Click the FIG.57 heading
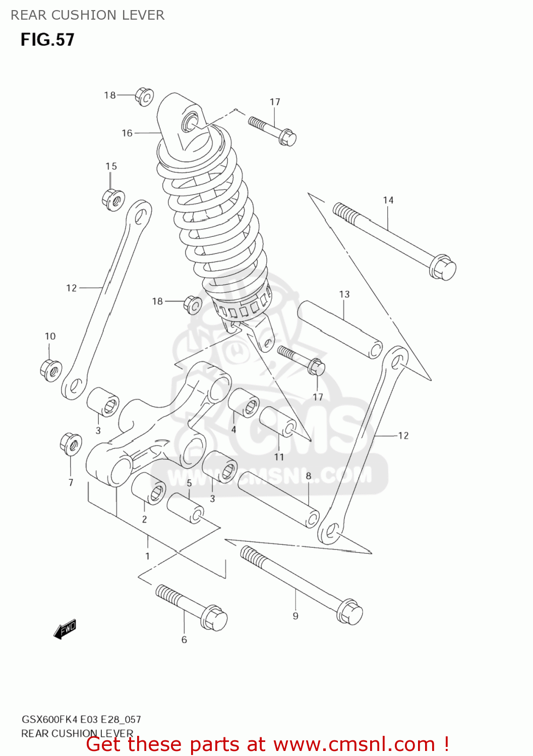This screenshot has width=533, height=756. [47, 40]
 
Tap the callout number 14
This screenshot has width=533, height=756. [388, 200]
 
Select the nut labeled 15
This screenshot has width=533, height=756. [114, 200]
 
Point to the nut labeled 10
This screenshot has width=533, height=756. [51, 370]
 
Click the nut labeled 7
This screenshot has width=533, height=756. [71, 444]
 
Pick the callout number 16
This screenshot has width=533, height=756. [127, 133]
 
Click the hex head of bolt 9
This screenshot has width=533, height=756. [349, 612]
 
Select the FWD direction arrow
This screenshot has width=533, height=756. [65, 629]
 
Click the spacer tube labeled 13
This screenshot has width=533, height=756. [340, 330]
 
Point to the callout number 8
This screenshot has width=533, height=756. [308, 475]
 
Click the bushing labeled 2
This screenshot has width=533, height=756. [149, 488]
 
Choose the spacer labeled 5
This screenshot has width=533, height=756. [185, 508]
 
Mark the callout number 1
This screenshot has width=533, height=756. [147, 556]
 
